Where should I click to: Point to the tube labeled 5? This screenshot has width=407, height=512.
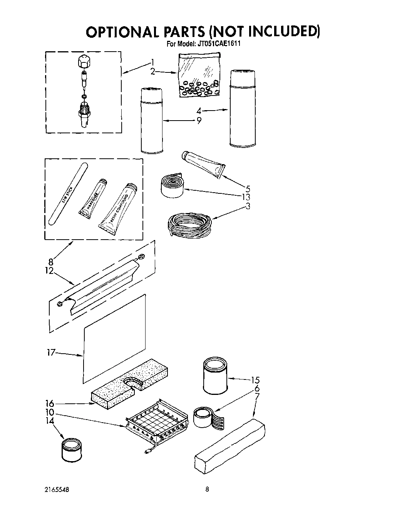click(203, 164)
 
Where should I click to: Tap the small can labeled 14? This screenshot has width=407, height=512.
click(72, 449)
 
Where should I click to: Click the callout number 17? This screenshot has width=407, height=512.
click(51, 353)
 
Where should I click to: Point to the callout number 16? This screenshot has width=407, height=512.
click(49, 403)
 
